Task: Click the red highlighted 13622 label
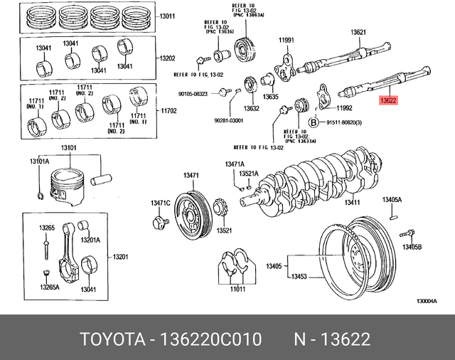tap(388, 101)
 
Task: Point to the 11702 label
tap(168, 110)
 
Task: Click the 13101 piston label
tap(69, 148)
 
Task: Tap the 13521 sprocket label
tap(225, 231)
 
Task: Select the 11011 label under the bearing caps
tap(237, 290)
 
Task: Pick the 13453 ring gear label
tap(299, 276)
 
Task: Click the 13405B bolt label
tap(412, 247)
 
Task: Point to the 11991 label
tap(286, 40)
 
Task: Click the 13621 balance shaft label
tap(358, 32)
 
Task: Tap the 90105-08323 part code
tap(192, 93)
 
